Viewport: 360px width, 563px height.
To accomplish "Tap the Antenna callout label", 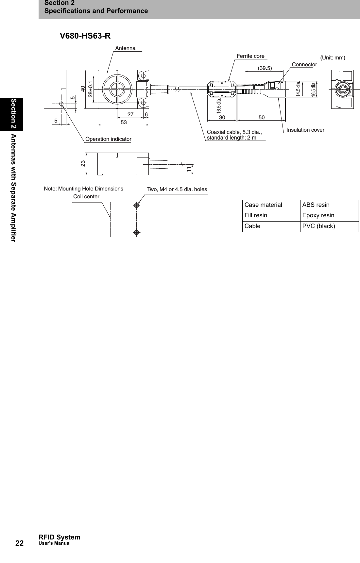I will tap(125, 48).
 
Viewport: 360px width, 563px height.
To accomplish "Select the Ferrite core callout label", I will tap(250, 56).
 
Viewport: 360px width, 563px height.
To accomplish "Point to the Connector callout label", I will tap(304, 65).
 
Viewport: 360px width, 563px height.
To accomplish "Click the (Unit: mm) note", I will tap(333, 58).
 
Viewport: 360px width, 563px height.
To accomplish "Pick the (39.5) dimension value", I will tap(265, 68).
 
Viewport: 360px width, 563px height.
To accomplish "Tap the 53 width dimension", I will tap(124, 122).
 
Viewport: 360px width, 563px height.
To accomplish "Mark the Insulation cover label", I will tap(305, 130).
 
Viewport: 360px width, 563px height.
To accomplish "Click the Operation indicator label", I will tap(108, 139).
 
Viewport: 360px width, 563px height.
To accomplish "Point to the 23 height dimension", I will tap(83, 163).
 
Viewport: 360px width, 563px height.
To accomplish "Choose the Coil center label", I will tap(86, 197).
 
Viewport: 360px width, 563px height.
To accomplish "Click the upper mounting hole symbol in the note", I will tap(137, 206).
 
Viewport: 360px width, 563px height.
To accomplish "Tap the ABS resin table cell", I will tap(316, 205).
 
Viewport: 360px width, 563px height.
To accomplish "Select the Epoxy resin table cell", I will tap(318, 215).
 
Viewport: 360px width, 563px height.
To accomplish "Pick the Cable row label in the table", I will tap(252, 226).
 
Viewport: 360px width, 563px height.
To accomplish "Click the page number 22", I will tap(19, 543).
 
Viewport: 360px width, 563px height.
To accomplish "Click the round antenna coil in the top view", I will tap(116, 88).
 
